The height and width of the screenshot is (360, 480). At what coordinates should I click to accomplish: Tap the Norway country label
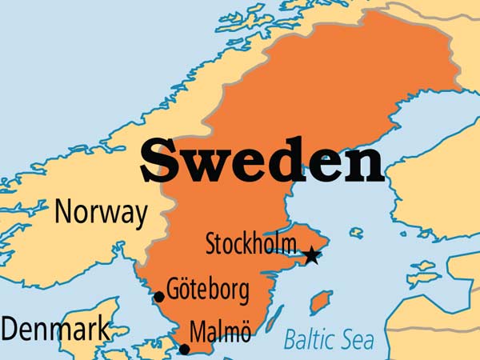pyautogui.click(x=101, y=214)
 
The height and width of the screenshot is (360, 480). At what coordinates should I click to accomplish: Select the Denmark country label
pyautogui.click(x=54, y=330)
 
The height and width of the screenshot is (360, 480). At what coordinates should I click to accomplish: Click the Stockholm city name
pyautogui.click(x=251, y=243)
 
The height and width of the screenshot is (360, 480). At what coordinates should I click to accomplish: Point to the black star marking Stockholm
pyautogui.click(x=311, y=256)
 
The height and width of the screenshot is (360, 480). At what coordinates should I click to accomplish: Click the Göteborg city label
pyautogui.click(x=208, y=290)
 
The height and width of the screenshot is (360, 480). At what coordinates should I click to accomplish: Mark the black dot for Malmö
pyautogui.click(x=185, y=349)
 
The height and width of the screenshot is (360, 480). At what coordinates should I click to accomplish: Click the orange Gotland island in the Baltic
pyautogui.click(x=320, y=302)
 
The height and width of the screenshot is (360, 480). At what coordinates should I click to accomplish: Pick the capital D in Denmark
pyautogui.click(x=10, y=330)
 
